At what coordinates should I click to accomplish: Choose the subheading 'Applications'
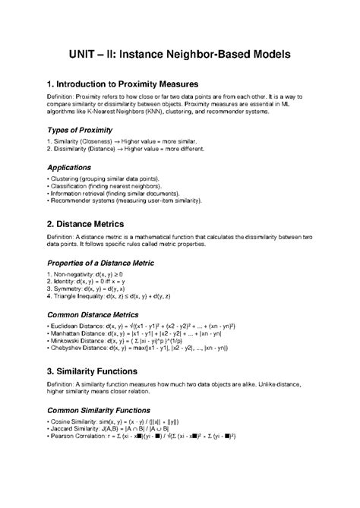pyautogui.click(x=69, y=167)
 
